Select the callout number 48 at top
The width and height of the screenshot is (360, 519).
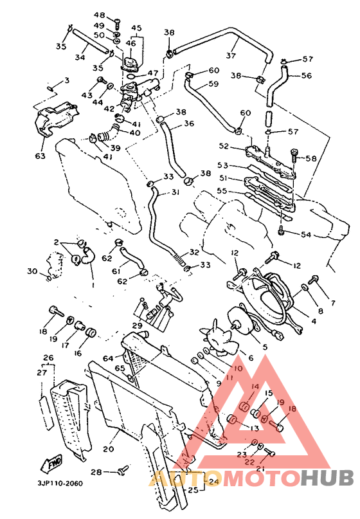click(99, 15)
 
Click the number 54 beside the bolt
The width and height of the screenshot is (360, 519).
click(305, 235)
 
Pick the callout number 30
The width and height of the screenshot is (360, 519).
click(33, 271)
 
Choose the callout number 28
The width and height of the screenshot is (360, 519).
click(96, 472)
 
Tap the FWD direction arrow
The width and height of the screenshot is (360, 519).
click(53, 463)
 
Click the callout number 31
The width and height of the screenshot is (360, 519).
click(175, 192)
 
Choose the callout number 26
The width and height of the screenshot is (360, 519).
click(48, 358)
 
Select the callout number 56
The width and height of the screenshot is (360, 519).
click(306, 75)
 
